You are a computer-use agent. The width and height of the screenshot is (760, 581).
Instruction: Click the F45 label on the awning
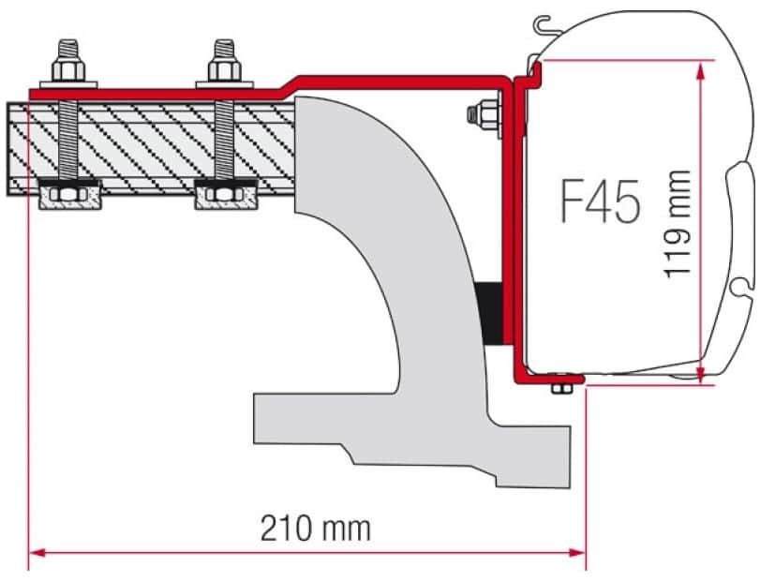pos(600,202)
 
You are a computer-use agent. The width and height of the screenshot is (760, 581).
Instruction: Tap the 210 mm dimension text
pos(316,529)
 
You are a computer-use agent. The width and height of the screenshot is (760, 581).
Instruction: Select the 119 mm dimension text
pos(678,224)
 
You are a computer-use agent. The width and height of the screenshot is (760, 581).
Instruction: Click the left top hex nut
pos(67,70)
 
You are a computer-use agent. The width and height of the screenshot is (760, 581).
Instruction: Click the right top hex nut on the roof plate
pos(224,70)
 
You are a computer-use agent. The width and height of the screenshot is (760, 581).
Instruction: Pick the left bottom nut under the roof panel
pos(67,195)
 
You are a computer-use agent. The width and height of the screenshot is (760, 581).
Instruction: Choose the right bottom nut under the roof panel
pos(224,195)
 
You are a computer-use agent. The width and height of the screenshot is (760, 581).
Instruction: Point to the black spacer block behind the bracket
pos(489,314)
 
